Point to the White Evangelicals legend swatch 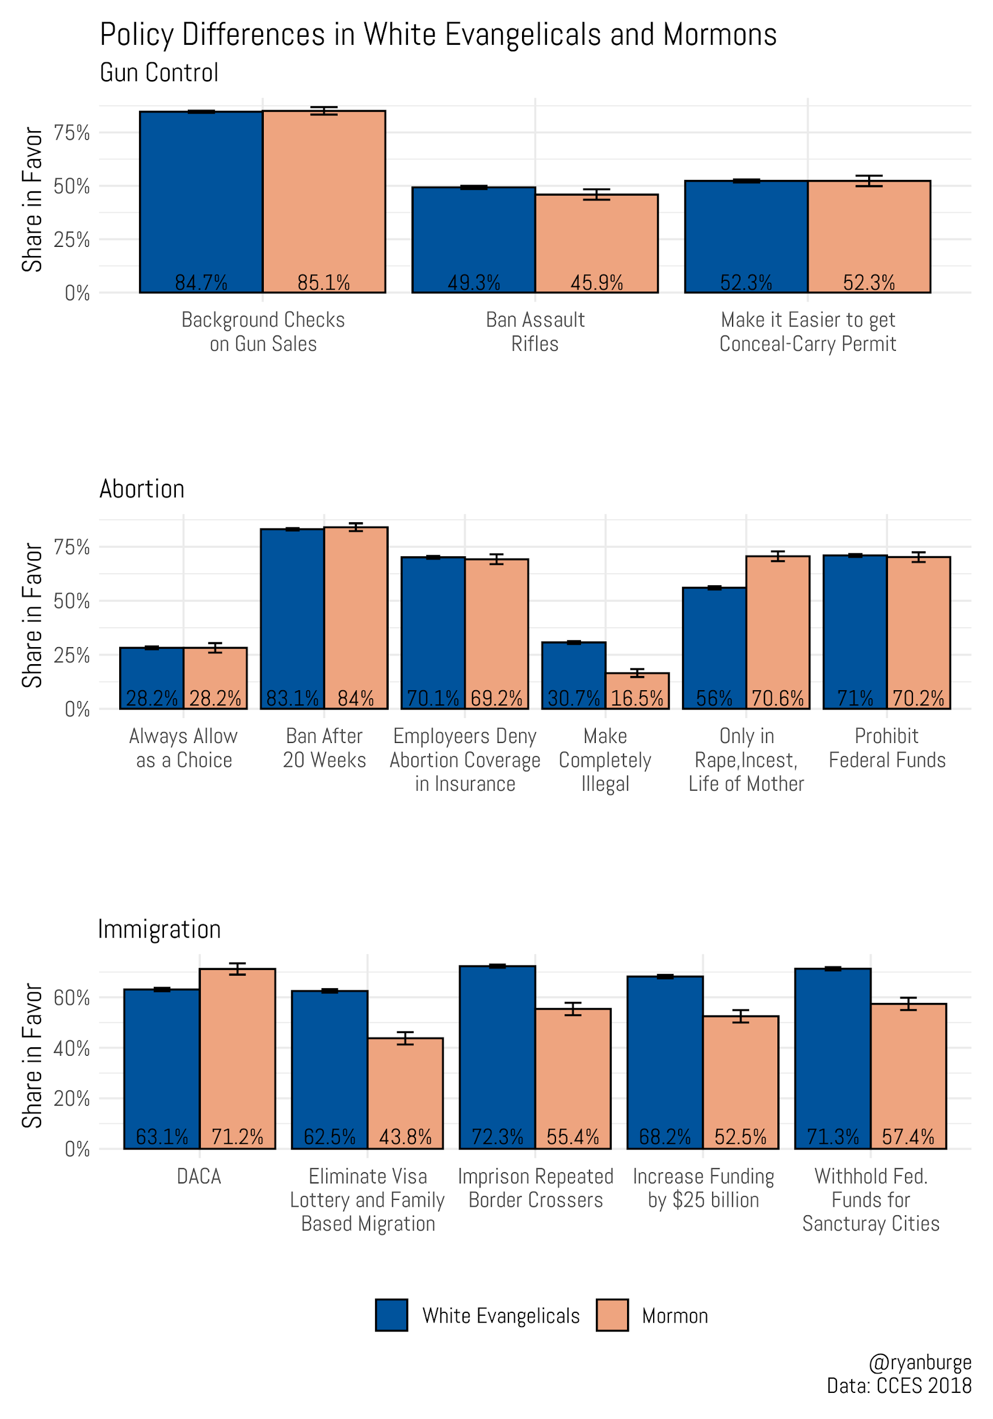tap(391, 1315)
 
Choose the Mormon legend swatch tap(612, 1315)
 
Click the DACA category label tap(199, 1175)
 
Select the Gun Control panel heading tap(159, 73)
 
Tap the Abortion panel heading tap(141, 489)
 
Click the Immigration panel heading tap(159, 929)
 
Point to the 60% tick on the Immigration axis tap(71, 997)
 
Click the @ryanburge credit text tap(919, 1362)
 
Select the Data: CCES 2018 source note tap(899, 1386)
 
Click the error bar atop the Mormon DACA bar tap(237, 968)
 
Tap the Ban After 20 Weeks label tap(325, 748)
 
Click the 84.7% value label tap(201, 283)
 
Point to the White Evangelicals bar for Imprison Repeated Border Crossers tap(498, 1057)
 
